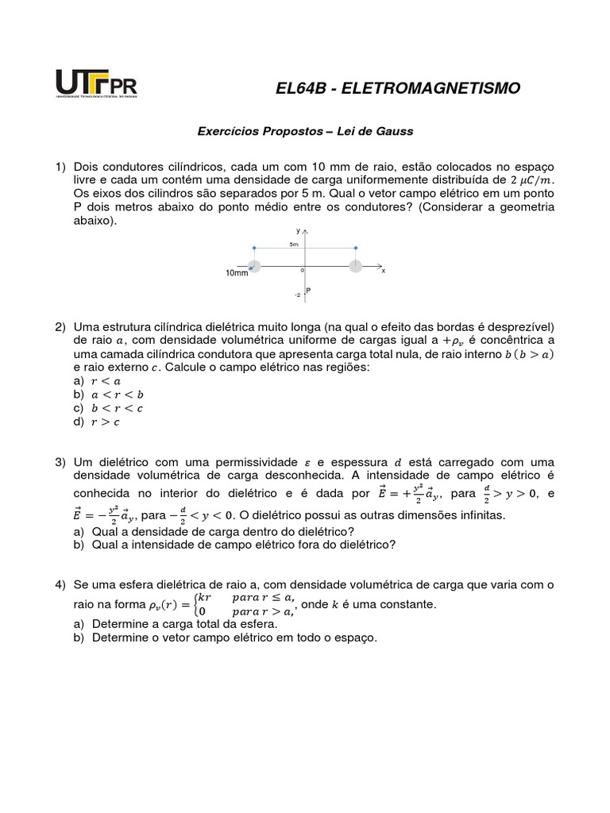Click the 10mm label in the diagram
point(237,274)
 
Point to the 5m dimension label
point(294,245)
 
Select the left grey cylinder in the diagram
point(253,266)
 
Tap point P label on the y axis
point(307,291)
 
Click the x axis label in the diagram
point(383,271)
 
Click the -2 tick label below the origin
point(296,295)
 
